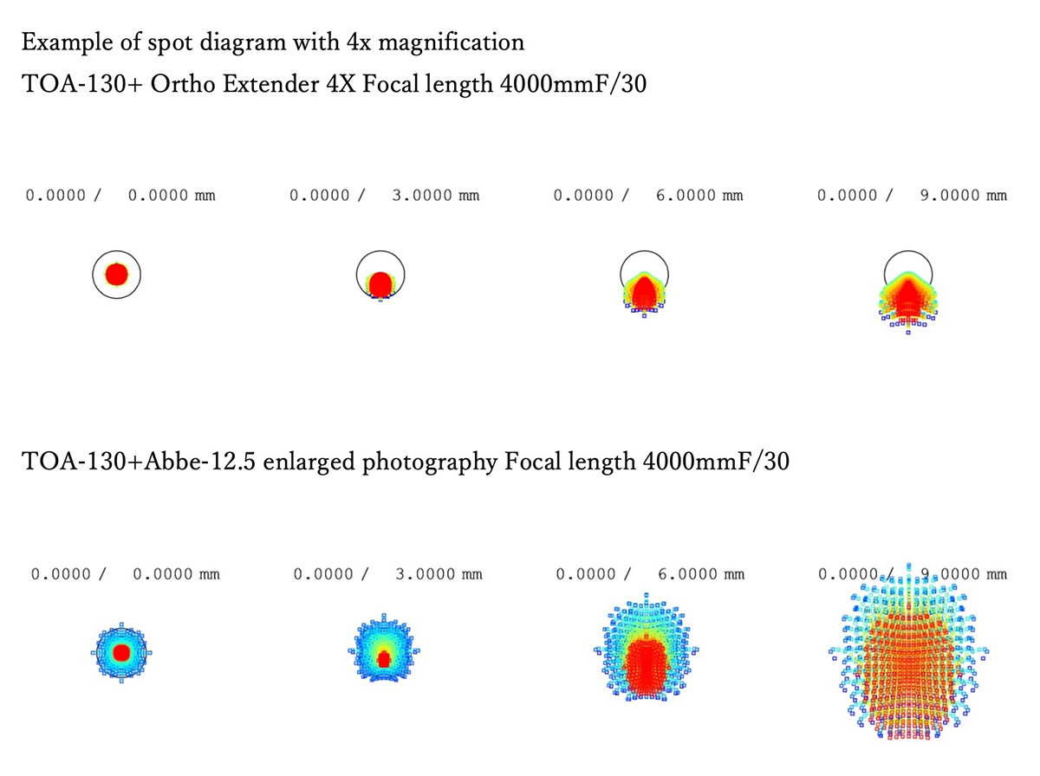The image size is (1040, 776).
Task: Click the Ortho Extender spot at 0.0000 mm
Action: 117,275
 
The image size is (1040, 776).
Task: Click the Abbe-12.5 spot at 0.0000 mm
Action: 122,651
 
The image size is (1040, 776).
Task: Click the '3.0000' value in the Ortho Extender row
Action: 422,196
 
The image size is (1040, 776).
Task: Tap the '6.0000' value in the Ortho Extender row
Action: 686,196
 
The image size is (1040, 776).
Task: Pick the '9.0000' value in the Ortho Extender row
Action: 950,196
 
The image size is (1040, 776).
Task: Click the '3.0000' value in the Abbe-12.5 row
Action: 426,573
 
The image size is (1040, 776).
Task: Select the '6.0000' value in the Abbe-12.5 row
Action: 687,573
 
